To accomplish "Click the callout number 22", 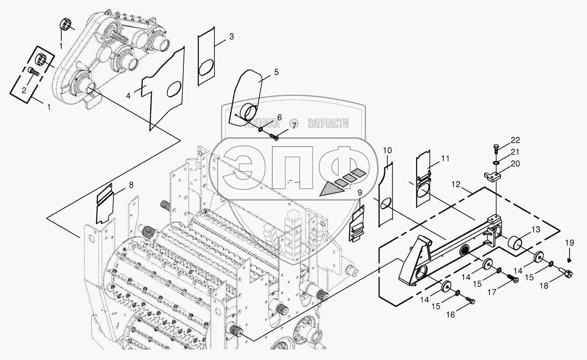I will (515, 140).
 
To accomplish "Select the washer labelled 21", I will (496, 163).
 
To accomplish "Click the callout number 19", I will (569, 243).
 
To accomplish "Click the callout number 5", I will (276, 73).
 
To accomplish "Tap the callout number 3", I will (231, 37).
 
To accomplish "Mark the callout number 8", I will (130, 185).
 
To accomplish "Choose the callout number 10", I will (387, 150).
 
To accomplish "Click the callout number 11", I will (445, 159).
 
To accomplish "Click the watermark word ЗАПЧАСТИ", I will (328, 123).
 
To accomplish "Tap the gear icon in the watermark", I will (295, 124).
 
